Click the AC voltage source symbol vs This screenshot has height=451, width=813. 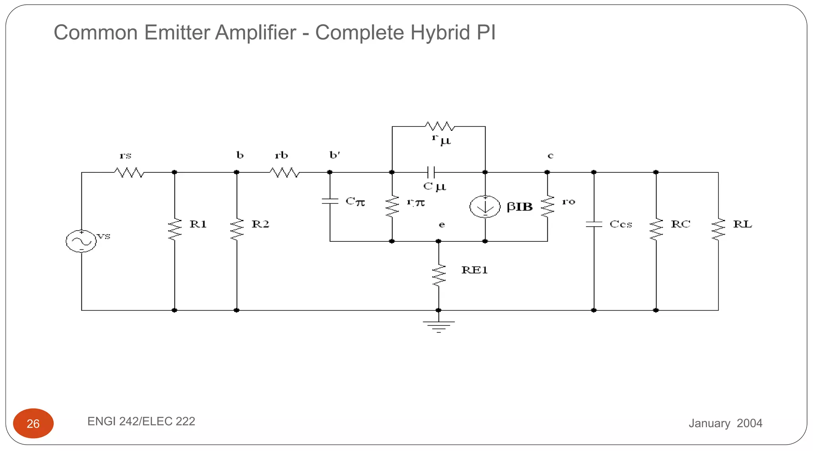[x=81, y=241]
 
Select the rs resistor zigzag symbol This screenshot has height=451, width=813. [x=129, y=173]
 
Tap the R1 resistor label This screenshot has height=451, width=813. [x=198, y=224]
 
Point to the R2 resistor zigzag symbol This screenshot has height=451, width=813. [x=237, y=229]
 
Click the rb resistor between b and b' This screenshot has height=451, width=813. [x=285, y=173]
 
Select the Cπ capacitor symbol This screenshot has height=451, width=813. [x=330, y=201]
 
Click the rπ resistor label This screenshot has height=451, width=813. [x=416, y=203]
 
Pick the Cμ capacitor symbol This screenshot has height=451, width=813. [x=431, y=172]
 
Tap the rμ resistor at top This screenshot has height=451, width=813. [x=439, y=127]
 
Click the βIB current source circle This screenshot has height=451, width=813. [x=485, y=206]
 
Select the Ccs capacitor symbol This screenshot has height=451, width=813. [x=594, y=224]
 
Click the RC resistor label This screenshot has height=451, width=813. [x=680, y=224]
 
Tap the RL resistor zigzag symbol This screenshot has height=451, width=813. [x=718, y=229]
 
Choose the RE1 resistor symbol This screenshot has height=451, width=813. [x=439, y=275]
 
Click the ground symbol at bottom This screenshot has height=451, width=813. [x=439, y=326]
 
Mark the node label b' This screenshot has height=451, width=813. [x=335, y=155]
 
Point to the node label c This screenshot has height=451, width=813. [x=550, y=156]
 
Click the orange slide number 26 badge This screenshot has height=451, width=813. [x=33, y=423]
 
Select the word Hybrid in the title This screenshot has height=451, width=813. [x=441, y=32]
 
